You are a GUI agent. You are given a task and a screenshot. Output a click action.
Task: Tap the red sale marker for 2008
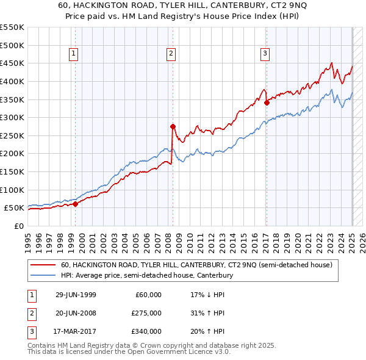point(172,126)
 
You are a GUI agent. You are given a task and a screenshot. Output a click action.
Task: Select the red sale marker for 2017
point(267,103)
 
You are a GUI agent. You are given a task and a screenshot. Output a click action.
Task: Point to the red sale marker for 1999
point(76,204)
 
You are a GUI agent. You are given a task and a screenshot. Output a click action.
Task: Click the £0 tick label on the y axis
point(19,226)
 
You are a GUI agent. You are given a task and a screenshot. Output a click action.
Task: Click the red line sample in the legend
point(43,265)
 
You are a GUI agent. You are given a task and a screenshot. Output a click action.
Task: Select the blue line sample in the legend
point(43,276)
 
